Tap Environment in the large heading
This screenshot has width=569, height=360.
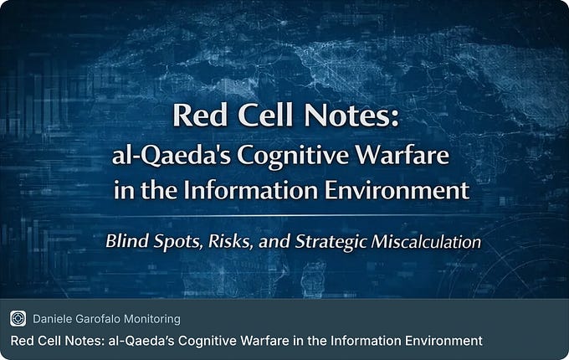[397, 189]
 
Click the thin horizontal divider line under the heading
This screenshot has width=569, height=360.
[284, 215]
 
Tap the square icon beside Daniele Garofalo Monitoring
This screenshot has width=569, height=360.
[18, 318]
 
